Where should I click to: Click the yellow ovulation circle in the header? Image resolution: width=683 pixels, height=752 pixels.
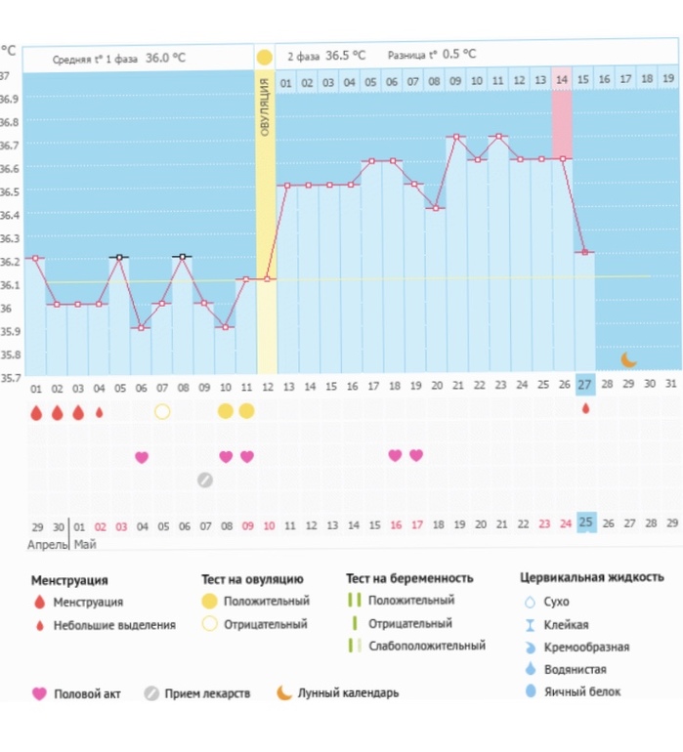click(x=264, y=57)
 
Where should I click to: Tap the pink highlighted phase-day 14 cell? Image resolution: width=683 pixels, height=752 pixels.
click(x=562, y=81)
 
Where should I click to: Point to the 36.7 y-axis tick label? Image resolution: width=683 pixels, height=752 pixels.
click(x=9, y=146)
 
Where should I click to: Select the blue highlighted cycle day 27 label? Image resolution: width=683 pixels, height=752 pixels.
click(x=584, y=386)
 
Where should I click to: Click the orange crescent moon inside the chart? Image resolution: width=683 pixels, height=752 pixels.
click(x=629, y=358)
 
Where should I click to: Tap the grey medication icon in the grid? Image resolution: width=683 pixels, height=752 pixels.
click(x=204, y=480)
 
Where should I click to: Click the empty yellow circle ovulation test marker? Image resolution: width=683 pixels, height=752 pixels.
click(x=162, y=411)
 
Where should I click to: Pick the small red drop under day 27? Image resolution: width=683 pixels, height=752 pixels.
click(x=585, y=409)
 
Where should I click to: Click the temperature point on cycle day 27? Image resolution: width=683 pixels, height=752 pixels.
click(x=584, y=252)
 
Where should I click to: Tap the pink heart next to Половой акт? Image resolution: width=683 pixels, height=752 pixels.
click(x=39, y=693)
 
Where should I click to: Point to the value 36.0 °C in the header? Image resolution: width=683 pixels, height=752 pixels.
click(x=165, y=58)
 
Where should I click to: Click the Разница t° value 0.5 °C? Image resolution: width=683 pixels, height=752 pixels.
click(x=459, y=55)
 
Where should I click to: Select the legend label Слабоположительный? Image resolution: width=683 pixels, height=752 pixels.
click(x=427, y=646)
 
